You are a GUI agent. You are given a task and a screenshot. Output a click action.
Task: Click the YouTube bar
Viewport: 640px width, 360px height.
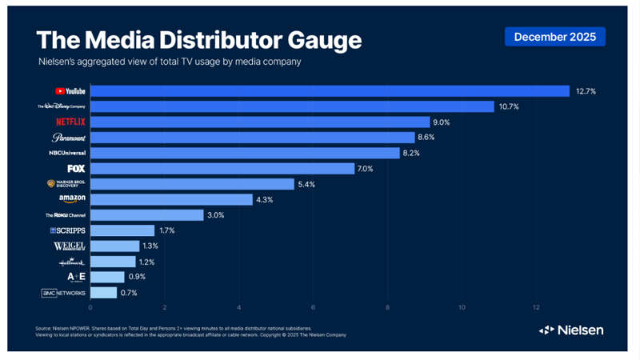[329, 91]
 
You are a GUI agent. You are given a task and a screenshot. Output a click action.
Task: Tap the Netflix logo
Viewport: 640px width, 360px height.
[70, 122]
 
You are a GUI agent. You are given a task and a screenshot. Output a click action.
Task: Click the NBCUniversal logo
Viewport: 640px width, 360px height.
[67, 152]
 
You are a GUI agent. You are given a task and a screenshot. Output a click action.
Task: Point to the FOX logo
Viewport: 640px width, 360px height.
[76, 169]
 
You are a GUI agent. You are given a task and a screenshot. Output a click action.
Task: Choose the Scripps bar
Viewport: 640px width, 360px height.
[122, 230]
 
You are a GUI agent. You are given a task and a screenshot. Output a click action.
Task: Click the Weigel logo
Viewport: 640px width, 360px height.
[70, 246]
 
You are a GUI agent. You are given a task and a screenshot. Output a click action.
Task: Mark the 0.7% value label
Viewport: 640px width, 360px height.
[129, 293]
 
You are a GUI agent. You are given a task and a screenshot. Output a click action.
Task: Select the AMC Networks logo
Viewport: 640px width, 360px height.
[63, 293]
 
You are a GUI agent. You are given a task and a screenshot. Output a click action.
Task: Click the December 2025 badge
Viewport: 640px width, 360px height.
[554, 37]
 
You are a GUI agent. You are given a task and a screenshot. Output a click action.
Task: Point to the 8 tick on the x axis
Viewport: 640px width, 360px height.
[388, 307]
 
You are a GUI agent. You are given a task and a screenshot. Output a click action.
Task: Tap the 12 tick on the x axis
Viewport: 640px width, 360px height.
[537, 307]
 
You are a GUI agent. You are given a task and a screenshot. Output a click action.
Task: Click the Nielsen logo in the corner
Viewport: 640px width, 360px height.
[570, 330]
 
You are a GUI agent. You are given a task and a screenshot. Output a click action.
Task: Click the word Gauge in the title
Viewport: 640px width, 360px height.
[310, 41]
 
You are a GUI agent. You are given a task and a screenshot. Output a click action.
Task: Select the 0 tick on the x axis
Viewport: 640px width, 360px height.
[90, 307]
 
